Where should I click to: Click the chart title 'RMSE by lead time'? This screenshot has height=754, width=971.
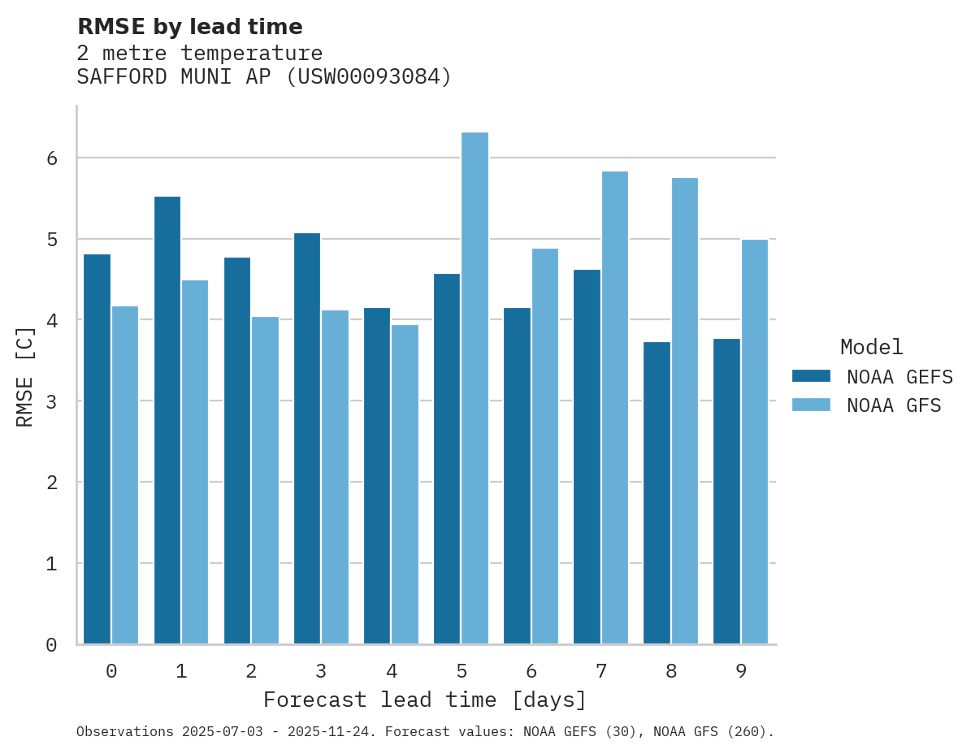[189, 27]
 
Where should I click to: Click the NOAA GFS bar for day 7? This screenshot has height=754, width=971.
[614, 407]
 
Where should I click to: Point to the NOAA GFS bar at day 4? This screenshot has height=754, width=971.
[405, 484]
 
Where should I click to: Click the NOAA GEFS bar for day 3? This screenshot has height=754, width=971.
[306, 438]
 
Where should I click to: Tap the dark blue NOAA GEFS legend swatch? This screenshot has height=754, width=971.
[811, 376]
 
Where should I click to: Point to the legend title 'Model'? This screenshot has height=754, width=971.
[871, 347]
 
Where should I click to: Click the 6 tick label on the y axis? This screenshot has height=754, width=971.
[52, 158]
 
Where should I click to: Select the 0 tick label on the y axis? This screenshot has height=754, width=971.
[52, 644]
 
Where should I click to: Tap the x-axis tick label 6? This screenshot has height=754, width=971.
[531, 671]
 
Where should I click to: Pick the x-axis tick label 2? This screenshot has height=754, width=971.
[251, 671]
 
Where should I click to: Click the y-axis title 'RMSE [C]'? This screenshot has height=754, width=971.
[25, 376]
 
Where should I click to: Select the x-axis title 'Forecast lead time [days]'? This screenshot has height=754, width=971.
[424, 700]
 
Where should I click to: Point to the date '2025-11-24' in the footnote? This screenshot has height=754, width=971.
[340, 732]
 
